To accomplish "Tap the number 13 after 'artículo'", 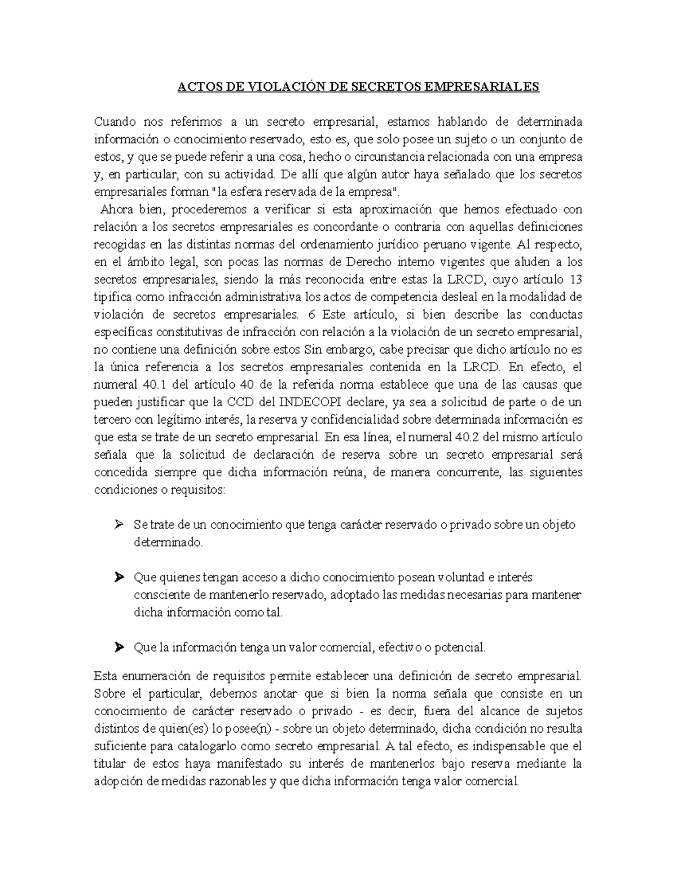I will (576, 279).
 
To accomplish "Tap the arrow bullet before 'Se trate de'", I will (118, 525).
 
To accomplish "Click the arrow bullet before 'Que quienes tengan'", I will (118, 577).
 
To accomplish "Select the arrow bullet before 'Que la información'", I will (118, 648).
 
